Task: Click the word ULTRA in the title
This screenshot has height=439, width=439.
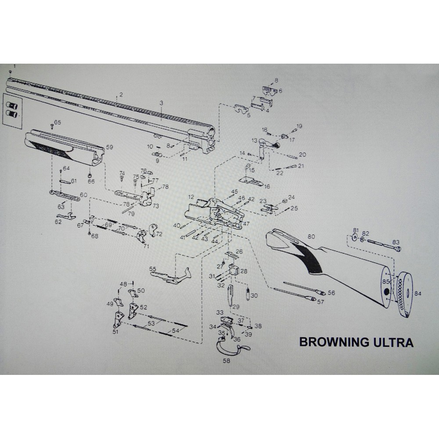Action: pos(395,342)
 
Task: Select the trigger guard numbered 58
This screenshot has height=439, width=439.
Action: pos(230,346)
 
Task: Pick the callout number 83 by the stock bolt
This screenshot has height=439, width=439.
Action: pos(396,242)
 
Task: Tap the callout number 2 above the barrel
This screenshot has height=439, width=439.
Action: pos(121,95)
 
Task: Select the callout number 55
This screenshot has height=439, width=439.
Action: pos(153,269)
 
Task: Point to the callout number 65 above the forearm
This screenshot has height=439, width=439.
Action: pos(58,122)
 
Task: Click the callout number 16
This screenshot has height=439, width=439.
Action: pos(267,187)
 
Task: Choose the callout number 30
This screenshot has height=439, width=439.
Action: pos(254,295)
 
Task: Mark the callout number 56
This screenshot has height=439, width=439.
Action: pos(331,293)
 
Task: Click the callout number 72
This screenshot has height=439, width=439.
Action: pos(159,234)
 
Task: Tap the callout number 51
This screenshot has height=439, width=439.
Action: pos(115,332)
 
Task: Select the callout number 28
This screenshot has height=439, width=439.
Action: pos(244,271)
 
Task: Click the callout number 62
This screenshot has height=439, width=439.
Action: pos(58,222)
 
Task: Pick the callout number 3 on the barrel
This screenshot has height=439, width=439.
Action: pos(162,103)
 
